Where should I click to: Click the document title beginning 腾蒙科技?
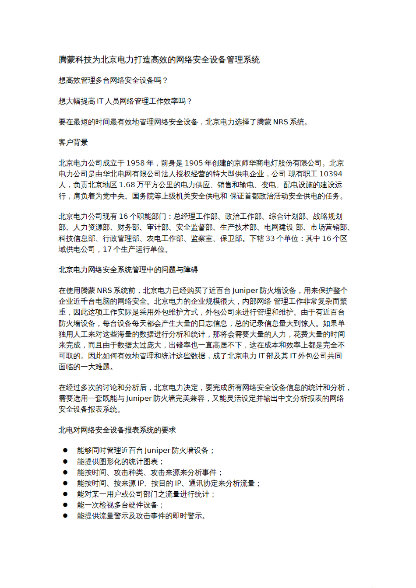(x=159, y=60)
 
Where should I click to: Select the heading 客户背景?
(x=73, y=142)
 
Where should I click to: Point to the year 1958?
(x=135, y=163)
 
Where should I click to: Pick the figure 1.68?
(x=127, y=185)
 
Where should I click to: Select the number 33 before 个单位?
(x=271, y=238)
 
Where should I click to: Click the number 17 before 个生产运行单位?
(x=107, y=249)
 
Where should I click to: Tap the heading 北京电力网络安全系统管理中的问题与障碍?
(x=128, y=270)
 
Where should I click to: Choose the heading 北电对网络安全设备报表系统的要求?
(x=117, y=430)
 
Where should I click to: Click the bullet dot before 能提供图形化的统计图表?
(x=65, y=461)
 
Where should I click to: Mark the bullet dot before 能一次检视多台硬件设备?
(x=65, y=505)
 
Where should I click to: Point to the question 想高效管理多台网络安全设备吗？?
(x=113, y=80)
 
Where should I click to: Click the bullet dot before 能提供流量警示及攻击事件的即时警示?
(x=65, y=516)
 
